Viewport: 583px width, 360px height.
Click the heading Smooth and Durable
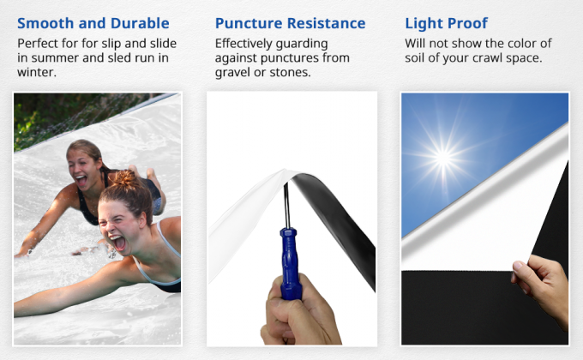[93, 23]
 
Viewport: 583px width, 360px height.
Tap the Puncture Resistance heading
[291, 23]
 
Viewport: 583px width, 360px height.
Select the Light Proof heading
[446, 23]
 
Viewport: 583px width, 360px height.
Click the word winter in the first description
[38, 73]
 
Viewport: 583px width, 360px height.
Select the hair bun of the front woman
[126, 179]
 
